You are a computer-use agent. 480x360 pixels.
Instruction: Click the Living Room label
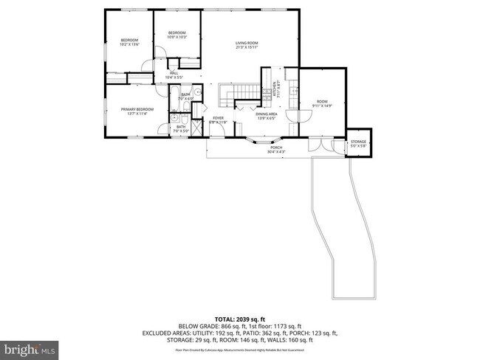[246, 46]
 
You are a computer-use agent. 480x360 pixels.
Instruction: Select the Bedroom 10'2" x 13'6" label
[130, 42]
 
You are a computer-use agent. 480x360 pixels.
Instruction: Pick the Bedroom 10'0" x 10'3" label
[176, 35]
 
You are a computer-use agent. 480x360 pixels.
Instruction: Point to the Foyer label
[219, 120]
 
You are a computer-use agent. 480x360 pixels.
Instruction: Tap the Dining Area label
[266, 116]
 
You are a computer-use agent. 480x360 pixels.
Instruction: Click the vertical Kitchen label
[275, 89]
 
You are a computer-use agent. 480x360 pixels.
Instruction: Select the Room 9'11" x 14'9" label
[322, 103]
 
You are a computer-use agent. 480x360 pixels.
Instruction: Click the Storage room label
[359, 142]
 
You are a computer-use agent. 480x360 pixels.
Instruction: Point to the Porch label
[276, 150]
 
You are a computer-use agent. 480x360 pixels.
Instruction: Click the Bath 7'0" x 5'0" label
[181, 128]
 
